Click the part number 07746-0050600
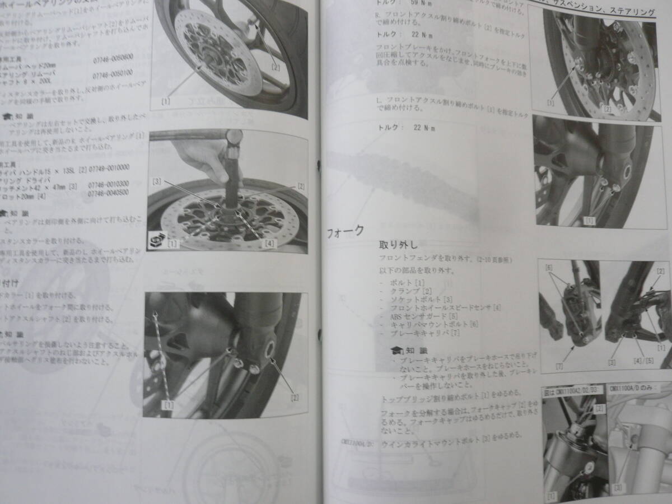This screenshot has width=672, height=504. [113, 57]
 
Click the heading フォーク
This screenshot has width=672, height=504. [345, 231]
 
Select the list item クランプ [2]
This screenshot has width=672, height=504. [412, 291]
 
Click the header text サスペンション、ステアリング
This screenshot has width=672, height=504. [611, 11]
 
